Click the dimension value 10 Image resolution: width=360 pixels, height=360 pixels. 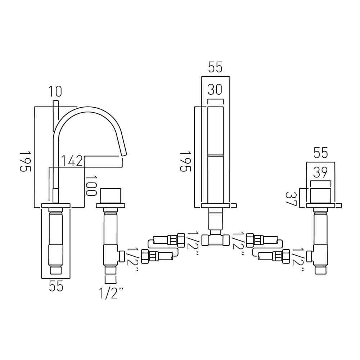pos(55,91)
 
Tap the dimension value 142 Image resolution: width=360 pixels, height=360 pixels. pos(72,161)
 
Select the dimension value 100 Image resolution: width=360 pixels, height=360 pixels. pos(93,186)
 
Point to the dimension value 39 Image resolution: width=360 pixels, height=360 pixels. pos(320,173)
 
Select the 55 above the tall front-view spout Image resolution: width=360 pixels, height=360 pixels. pos(215,68)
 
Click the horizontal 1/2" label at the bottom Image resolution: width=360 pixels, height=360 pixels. pos(111,294)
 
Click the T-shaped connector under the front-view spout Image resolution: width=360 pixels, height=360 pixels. pos(216,239)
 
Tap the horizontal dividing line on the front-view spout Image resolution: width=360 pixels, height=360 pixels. pos(215,155)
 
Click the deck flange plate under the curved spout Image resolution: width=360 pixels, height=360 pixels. pos(56,206)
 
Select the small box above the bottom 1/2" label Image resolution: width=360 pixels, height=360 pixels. pos(111,280)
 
